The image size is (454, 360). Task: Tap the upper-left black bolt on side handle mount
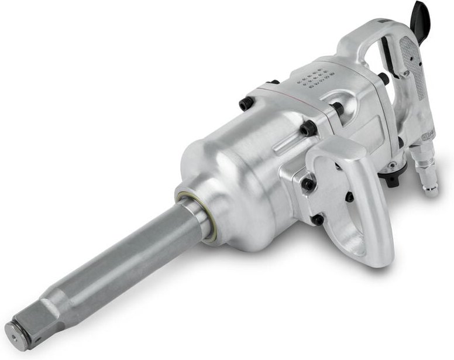click(308, 184)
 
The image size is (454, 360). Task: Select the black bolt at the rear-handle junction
click(384, 78)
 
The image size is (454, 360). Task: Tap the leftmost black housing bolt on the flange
click(246, 104)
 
